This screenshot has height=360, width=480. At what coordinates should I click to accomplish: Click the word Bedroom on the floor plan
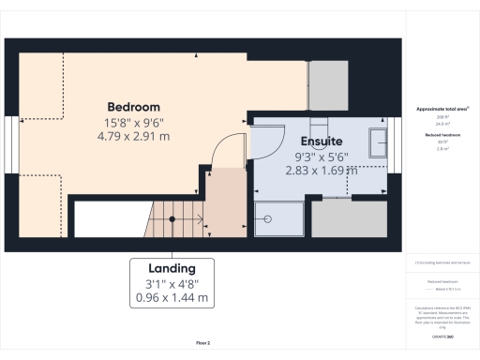(133, 106)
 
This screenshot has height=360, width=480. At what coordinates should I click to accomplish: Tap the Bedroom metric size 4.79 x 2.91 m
(133, 136)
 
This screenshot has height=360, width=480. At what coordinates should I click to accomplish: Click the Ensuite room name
(321, 143)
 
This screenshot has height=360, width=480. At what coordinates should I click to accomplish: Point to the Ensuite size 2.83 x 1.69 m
(321, 171)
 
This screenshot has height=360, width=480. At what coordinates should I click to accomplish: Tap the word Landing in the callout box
(172, 266)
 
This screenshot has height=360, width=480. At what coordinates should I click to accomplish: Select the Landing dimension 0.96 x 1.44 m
(172, 298)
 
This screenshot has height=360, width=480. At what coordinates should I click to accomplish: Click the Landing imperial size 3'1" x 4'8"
(172, 282)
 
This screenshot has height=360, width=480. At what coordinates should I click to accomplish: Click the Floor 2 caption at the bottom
(202, 344)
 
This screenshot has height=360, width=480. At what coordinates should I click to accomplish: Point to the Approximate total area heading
(442, 109)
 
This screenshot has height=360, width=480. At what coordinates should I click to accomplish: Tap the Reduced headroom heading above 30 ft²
(442, 135)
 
